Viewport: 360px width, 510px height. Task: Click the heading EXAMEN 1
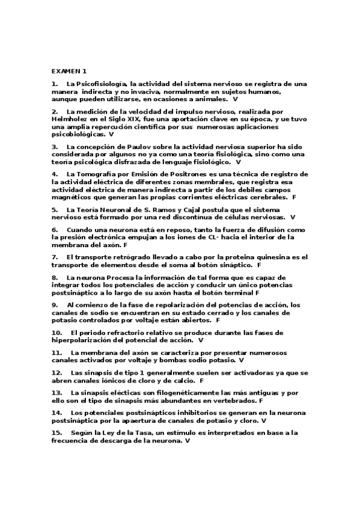(69, 71)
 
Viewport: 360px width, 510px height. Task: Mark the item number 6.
(55, 230)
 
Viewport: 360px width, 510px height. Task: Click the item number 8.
(55, 277)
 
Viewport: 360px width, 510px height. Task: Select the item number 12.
(57, 373)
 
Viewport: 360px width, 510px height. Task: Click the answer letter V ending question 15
(188, 441)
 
